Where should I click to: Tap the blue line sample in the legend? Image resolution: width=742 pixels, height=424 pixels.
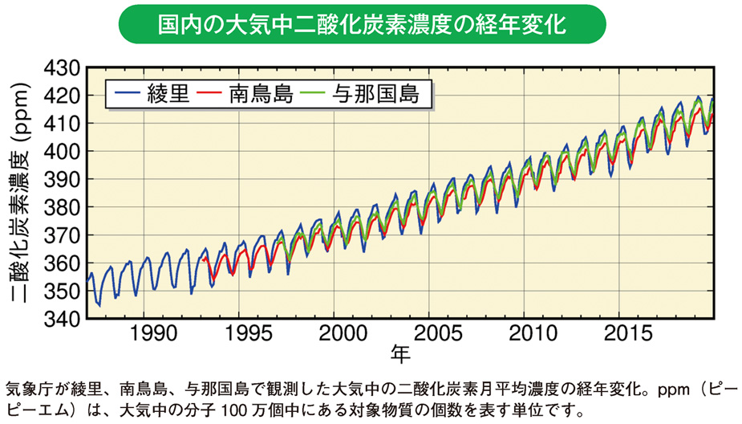point(127,93)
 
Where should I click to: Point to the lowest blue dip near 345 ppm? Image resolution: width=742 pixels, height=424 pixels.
point(99,305)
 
